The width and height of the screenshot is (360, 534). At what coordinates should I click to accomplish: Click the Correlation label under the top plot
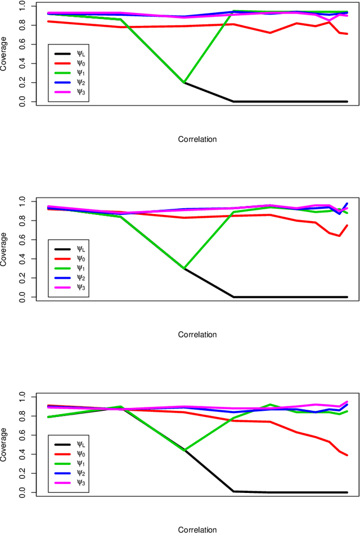click(197, 138)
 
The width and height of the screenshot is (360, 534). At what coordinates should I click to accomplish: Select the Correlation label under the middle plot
click(197, 334)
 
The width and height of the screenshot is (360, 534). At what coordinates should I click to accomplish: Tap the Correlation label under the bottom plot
click(197, 529)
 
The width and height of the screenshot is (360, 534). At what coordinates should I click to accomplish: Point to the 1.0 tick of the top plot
click(22, 6)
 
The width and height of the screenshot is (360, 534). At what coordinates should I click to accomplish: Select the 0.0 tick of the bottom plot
click(22, 492)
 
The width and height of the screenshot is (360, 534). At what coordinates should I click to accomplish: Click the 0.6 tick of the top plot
click(22, 44)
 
